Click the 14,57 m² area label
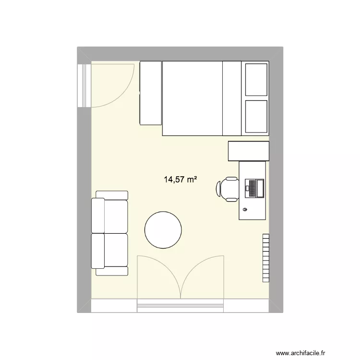(x=181, y=180)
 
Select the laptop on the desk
(x=254, y=188)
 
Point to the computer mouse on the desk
(x=246, y=210)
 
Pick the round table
(x=164, y=230)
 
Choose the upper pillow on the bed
(x=256, y=79)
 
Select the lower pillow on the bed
(x=256, y=117)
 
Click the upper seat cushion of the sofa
(x=116, y=216)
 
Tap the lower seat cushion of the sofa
(x=116, y=250)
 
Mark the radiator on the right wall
(x=266, y=258)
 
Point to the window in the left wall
(x=84, y=85)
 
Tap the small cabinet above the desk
(x=248, y=151)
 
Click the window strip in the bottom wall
(x=180, y=304)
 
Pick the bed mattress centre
(x=192, y=98)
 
